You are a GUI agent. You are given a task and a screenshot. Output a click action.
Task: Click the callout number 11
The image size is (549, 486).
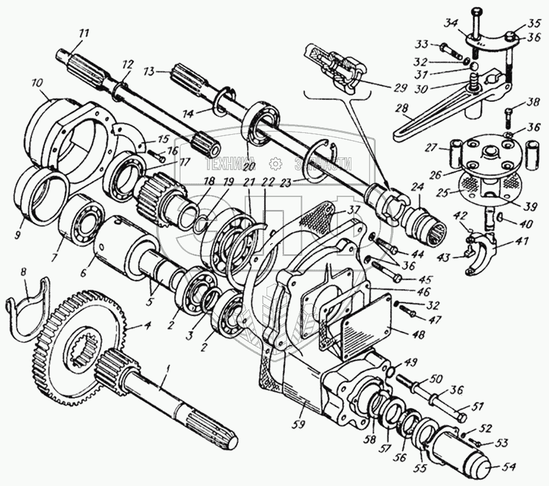[x=83, y=33]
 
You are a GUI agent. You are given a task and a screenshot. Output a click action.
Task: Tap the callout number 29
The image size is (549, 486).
[x=400, y=87]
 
